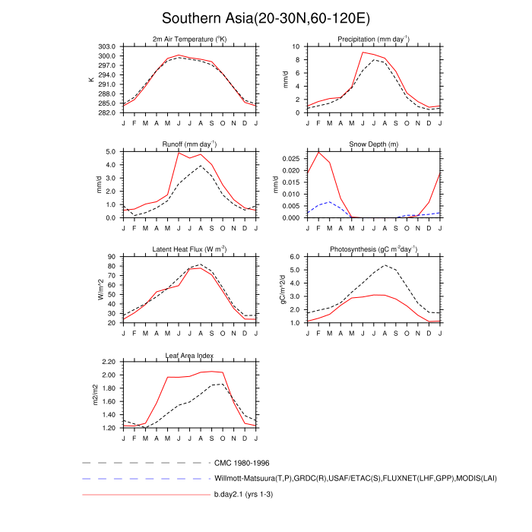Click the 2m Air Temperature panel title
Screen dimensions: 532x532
point(189,39)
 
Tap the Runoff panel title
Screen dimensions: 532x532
point(189,144)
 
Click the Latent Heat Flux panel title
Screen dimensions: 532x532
point(189,249)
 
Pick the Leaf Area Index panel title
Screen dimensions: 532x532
point(189,355)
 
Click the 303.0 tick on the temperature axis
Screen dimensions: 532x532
point(106,46)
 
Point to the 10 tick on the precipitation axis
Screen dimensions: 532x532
point(299,46)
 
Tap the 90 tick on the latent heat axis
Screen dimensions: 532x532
point(112,257)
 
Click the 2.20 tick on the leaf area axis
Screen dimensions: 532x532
point(108,363)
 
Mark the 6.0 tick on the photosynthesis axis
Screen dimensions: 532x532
point(297,257)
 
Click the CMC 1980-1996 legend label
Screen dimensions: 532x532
point(242,462)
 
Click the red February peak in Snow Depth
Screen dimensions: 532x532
point(319,152)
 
